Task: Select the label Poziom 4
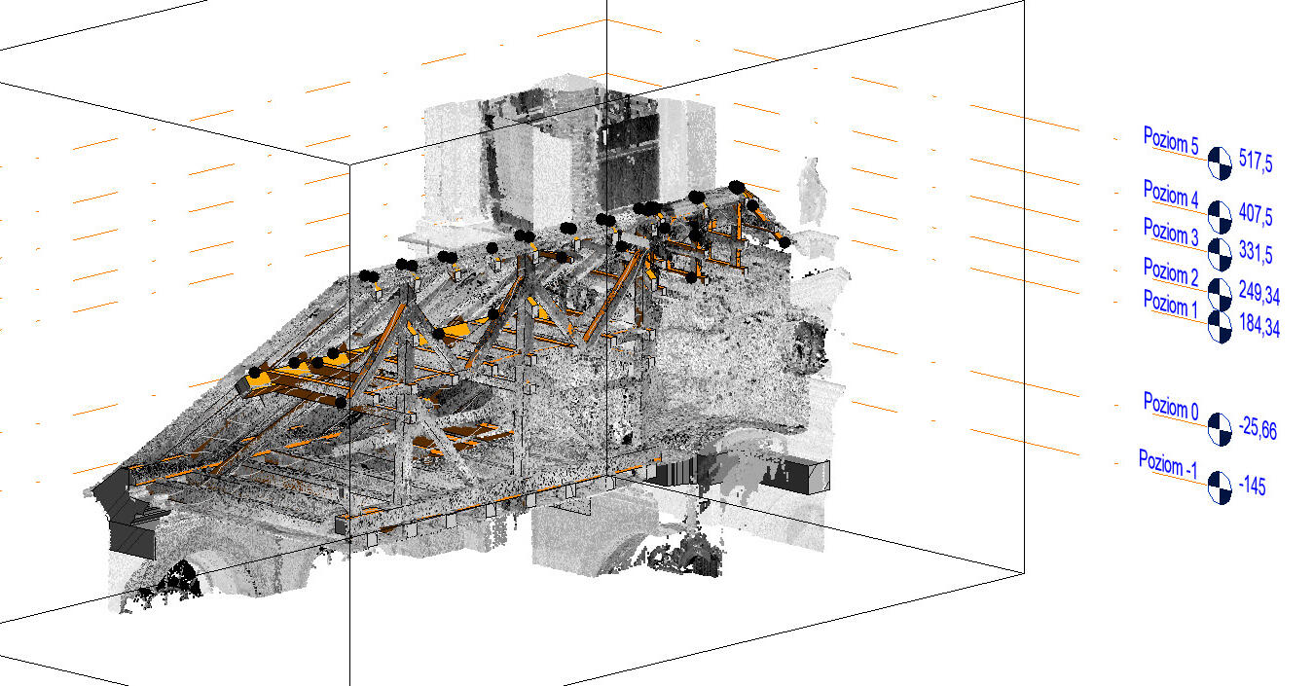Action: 1170,193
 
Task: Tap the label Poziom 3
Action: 1170,232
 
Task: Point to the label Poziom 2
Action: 1170,271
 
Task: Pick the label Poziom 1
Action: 1170,305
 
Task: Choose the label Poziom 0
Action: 1170,406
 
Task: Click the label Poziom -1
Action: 1168,463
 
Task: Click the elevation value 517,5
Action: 1256,162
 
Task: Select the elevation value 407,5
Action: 1257,214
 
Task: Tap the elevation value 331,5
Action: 1256,255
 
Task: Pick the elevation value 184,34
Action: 1259,326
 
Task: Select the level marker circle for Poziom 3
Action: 1220,254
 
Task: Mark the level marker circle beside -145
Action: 1220,486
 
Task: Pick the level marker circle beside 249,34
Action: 1220,291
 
